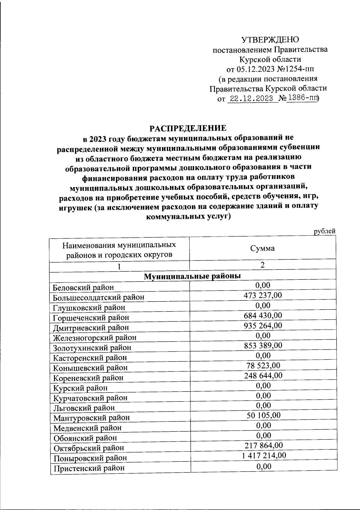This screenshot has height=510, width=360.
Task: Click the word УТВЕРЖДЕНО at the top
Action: tap(270, 40)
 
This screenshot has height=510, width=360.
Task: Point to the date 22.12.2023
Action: tap(252, 99)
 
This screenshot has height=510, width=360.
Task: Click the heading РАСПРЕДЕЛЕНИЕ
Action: tap(188, 128)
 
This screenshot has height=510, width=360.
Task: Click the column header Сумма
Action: tap(262, 248)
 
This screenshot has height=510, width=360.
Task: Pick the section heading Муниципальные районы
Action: tap(192, 276)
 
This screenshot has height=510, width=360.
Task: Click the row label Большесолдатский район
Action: tap(98, 297)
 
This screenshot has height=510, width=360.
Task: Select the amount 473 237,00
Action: tap(263, 295)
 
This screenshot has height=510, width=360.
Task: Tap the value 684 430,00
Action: tap(263, 315)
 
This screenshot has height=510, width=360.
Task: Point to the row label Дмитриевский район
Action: tap(91, 327)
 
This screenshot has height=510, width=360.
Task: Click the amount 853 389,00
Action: tap(263, 345)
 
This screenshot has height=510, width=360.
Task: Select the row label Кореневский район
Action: tap(88, 377)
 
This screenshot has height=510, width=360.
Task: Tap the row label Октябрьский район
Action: tap(89, 448)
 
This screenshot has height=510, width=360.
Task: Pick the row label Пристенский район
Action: tap(89, 468)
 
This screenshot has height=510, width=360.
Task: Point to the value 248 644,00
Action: tap(263, 375)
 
